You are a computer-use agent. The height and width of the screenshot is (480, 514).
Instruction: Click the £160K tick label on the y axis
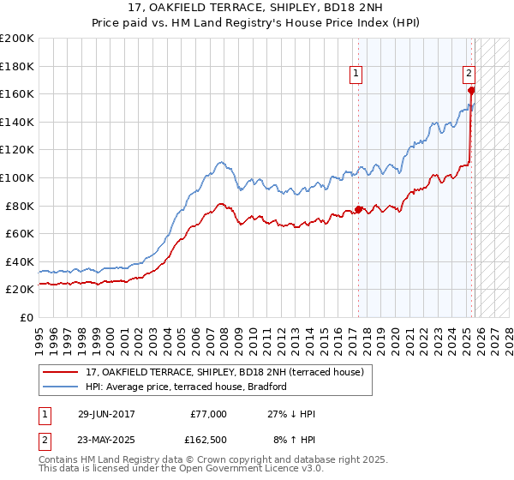17,93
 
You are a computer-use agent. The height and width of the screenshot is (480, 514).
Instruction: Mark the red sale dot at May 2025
471,90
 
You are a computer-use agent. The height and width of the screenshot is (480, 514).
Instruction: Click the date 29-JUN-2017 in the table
107,414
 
